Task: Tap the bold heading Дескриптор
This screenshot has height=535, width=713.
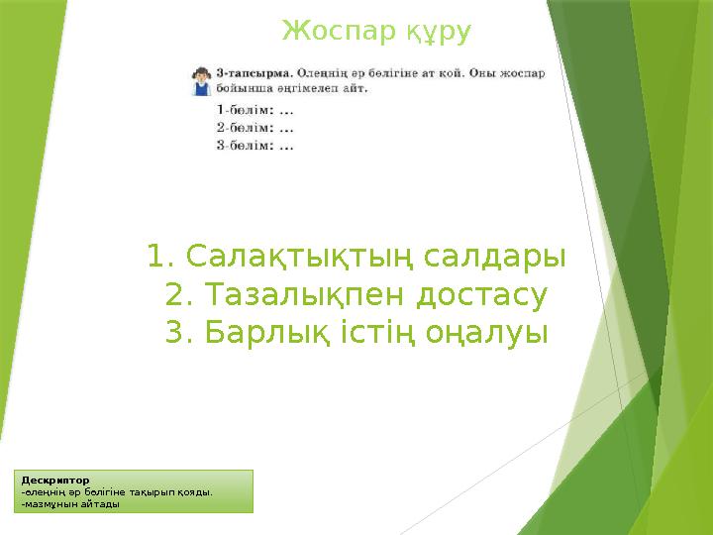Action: click(x=55, y=481)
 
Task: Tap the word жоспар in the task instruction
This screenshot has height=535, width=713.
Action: click(x=518, y=73)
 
